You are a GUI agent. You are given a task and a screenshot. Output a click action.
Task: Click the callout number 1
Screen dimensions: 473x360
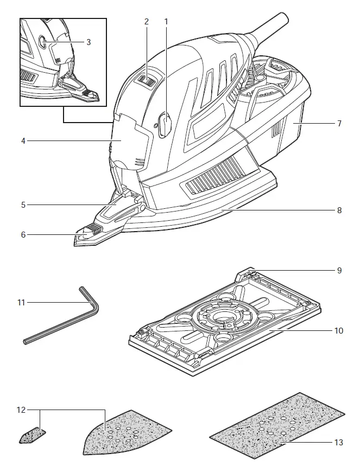click(167, 22)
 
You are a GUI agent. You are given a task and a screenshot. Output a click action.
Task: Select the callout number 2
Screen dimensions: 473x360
click(147, 22)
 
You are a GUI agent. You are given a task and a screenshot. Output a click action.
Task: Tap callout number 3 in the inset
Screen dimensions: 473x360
click(89, 41)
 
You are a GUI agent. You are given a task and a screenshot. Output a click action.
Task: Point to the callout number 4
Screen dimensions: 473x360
click(23, 141)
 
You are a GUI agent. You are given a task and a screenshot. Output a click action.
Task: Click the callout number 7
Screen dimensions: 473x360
click(339, 124)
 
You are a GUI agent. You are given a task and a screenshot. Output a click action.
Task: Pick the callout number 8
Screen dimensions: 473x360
click(339, 210)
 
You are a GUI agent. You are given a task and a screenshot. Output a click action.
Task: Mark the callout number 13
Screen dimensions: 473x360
click(338, 443)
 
